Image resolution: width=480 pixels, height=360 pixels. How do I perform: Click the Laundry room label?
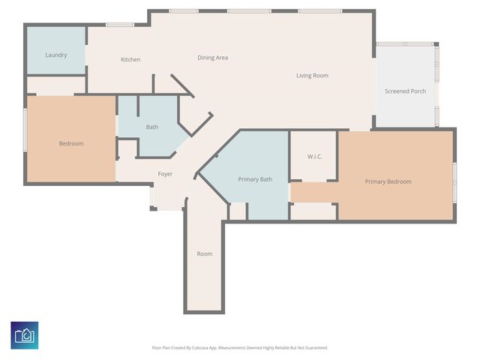click(56, 55)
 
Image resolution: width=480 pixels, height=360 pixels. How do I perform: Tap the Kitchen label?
click(130, 59)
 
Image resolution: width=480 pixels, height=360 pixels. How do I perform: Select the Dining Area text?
click(213, 58)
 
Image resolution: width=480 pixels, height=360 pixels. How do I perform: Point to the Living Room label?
click(312, 75)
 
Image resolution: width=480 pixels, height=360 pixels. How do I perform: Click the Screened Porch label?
click(405, 91)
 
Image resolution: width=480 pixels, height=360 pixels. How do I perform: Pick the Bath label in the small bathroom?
click(152, 127)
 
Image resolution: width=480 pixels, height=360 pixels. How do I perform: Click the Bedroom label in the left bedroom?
click(71, 143)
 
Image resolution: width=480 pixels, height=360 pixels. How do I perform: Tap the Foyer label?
click(165, 174)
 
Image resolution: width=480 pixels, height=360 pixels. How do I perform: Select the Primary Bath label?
click(255, 179)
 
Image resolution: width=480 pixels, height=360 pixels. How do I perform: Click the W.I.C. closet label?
click(315, 157)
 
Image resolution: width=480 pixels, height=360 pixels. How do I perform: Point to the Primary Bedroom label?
click(388, 181)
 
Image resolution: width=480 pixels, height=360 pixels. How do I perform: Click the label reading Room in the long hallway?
click(205, 253)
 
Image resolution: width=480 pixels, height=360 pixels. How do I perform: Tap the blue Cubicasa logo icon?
click(25, 335)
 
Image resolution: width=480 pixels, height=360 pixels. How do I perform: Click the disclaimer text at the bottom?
click(240, 348)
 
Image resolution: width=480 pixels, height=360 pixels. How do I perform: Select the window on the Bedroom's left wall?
click(25, 130)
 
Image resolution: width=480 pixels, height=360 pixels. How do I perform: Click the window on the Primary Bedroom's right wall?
click(455, 182)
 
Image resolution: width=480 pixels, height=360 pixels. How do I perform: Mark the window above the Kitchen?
click(120, 25)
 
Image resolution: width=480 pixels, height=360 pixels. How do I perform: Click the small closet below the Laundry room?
click(56, 85)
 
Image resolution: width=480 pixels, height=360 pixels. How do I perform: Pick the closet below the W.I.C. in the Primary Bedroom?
click(313, 211)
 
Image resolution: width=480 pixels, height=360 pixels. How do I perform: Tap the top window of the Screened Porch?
click(405, 44)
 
